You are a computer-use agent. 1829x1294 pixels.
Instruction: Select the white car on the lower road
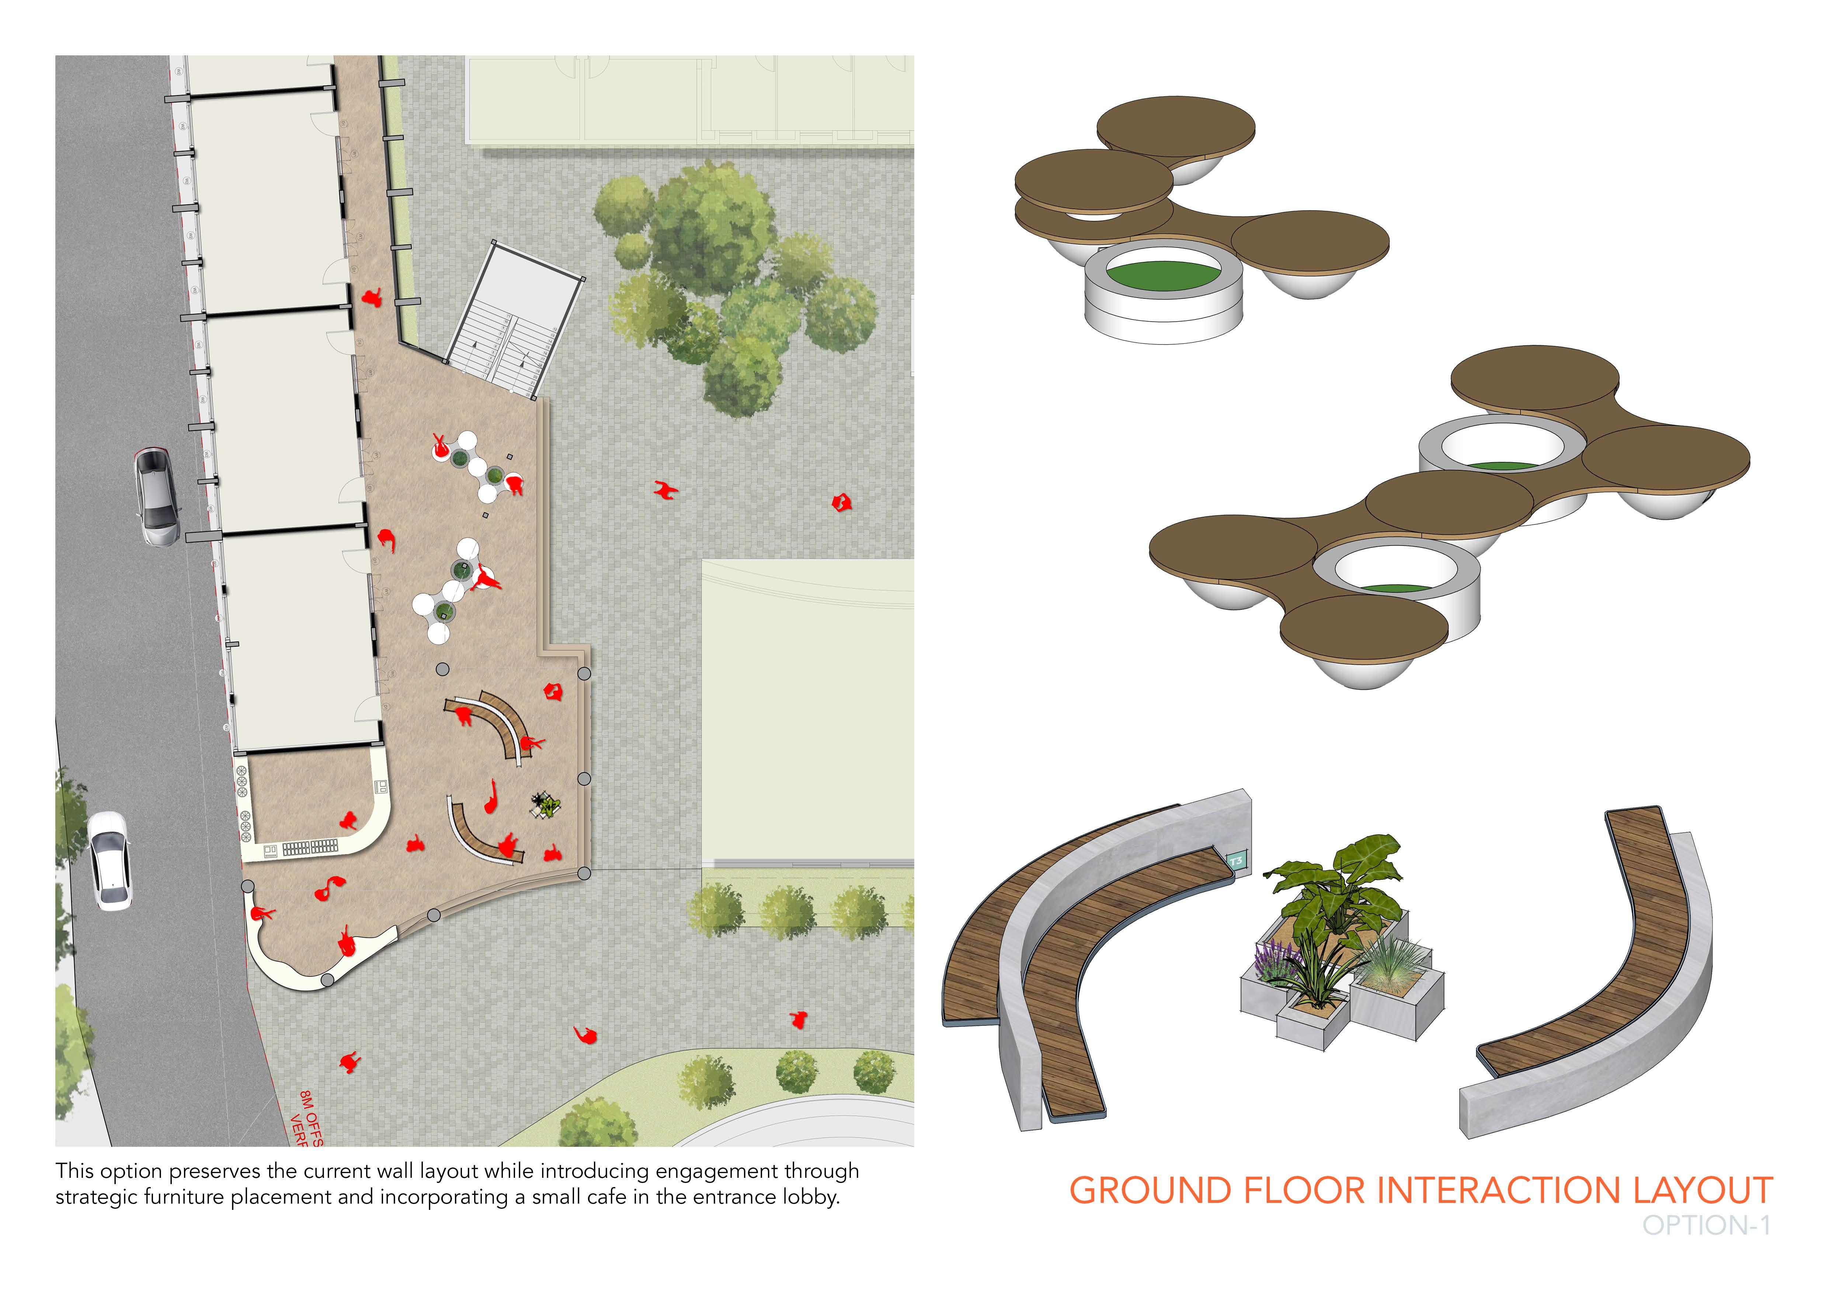click(x=109, y=861)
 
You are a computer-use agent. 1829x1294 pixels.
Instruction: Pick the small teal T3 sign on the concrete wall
click(x=1235, y=861)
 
